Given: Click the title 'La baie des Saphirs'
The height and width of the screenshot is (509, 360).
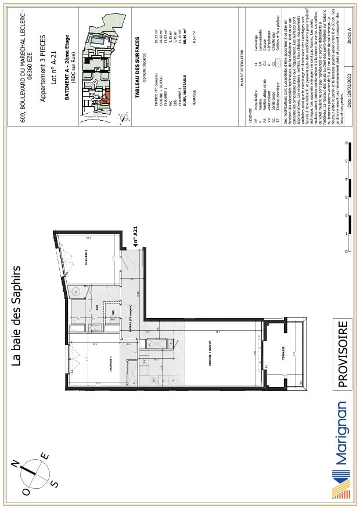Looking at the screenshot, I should pos(17,316).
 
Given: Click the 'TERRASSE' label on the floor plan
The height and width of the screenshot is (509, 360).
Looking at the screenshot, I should pos(283,355).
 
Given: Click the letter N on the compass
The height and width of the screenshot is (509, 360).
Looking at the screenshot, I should pos(17,463).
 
